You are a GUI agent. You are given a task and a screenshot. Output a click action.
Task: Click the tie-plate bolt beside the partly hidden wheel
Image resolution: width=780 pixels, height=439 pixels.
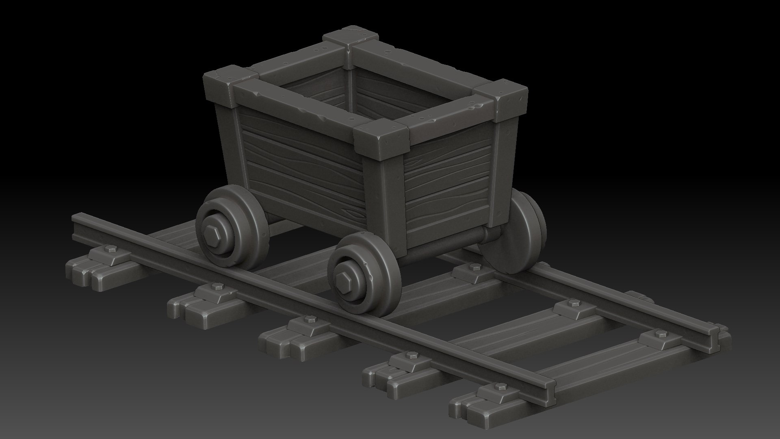[x=474, y=267]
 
